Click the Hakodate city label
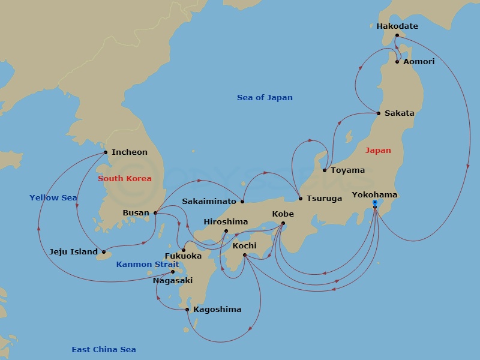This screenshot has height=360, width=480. [x=397, y=26]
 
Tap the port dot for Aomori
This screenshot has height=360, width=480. [x=397, y=62]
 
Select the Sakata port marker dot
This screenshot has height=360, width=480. [x=379, y=113]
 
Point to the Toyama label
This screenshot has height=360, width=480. [x=347, y=170]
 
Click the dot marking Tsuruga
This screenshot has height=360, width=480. [x=300, y=199]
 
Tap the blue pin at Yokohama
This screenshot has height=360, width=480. [x=375, y=204]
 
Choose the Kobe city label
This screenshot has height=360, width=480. [x=283, y=214]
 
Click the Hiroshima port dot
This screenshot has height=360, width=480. [x=226, y=231]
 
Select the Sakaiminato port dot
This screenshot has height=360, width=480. [x=242, y=202]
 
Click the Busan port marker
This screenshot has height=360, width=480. [x=155, y=212]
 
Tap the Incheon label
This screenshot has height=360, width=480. [x=129, y=152]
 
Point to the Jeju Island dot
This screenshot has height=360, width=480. [x=104, y=252]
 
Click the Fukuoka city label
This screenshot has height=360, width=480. [x=183, y=256]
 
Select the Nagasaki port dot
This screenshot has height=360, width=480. [x=173, y=272]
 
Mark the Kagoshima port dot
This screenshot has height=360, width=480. [x=187, y=310]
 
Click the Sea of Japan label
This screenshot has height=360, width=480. [x=265, y=98]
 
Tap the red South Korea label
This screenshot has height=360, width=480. [x=125, y=179]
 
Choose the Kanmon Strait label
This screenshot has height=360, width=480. [x=148, y=265]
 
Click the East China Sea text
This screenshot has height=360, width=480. [x=104, y=350]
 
